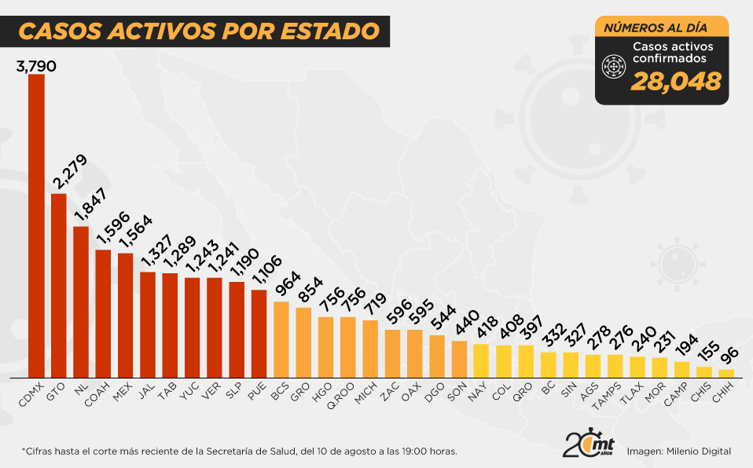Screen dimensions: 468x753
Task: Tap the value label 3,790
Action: tap(36, 67)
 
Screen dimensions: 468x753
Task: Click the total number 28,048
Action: tap(676, 81)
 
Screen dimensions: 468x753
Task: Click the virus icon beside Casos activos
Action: tap(612, 68)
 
